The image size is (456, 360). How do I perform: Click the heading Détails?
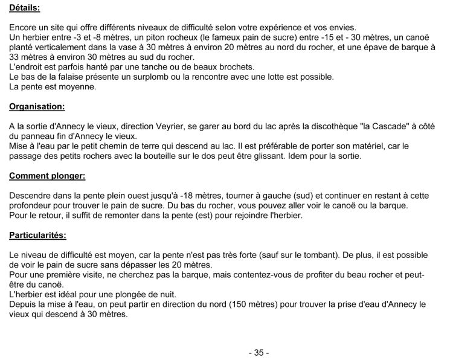pos(25,8)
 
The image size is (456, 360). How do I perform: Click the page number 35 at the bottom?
pos(258,352)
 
